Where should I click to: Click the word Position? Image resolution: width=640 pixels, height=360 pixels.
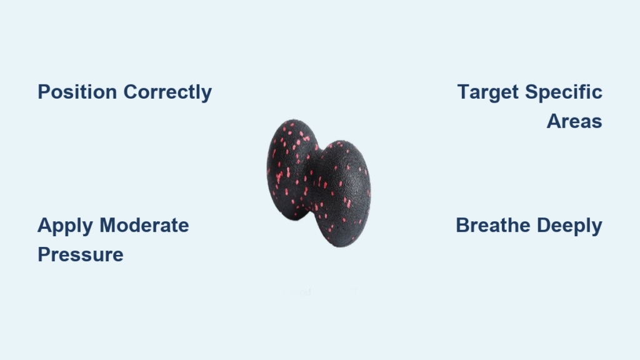[x=77, y=92]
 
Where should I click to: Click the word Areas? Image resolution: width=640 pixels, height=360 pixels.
[x=574, y=121]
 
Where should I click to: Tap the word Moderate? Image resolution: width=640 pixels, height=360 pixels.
[x=144, y=225]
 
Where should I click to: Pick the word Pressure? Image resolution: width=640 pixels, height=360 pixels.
[x=81, y=255]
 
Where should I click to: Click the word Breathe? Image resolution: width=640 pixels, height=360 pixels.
[x=493, y=225]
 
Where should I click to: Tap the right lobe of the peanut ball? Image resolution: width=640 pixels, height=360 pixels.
[x=342, y=194]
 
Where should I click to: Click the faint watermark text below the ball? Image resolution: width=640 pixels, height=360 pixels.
[x=321, y=292]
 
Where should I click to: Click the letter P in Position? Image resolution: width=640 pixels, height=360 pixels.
[x=44, y=92]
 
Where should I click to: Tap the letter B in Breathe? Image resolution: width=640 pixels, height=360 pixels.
[x=462, y=225]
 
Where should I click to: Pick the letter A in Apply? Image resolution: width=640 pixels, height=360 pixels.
[x=44, y=225]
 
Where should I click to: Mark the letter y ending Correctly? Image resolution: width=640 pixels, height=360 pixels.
[x=206, y=95]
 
